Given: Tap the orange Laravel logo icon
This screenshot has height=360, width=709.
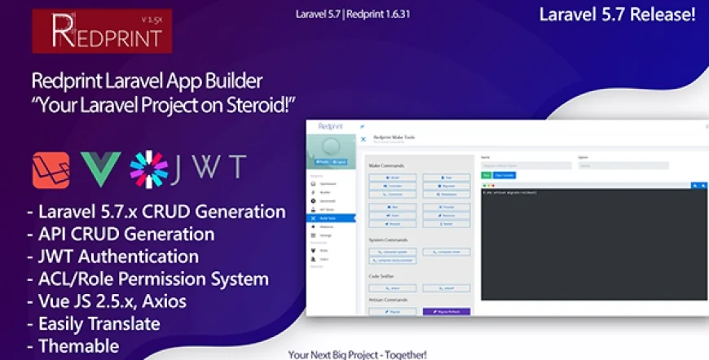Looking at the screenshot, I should [x=51, y=168].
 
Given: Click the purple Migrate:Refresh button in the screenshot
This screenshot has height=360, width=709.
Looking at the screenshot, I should [x=447, y=311].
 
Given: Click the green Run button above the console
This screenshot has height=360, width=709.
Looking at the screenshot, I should [x=486, y=175].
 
